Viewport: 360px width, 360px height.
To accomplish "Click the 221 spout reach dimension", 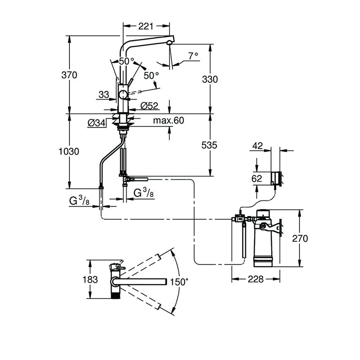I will [145, 27].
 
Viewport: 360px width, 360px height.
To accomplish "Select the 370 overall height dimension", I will [69, 75].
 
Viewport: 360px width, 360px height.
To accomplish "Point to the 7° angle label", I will [193, 55].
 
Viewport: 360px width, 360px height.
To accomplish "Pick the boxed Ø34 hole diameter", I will [97, 123].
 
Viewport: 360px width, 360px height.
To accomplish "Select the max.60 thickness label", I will [169, 121].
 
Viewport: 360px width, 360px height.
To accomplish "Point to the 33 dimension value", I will [104, 95].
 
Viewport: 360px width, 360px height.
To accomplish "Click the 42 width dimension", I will [257, 146].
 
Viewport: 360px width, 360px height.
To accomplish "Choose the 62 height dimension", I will [257, 179].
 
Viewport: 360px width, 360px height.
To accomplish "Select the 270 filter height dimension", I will [299, 238].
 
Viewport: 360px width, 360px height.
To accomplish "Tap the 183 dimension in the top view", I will [90, 280].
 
